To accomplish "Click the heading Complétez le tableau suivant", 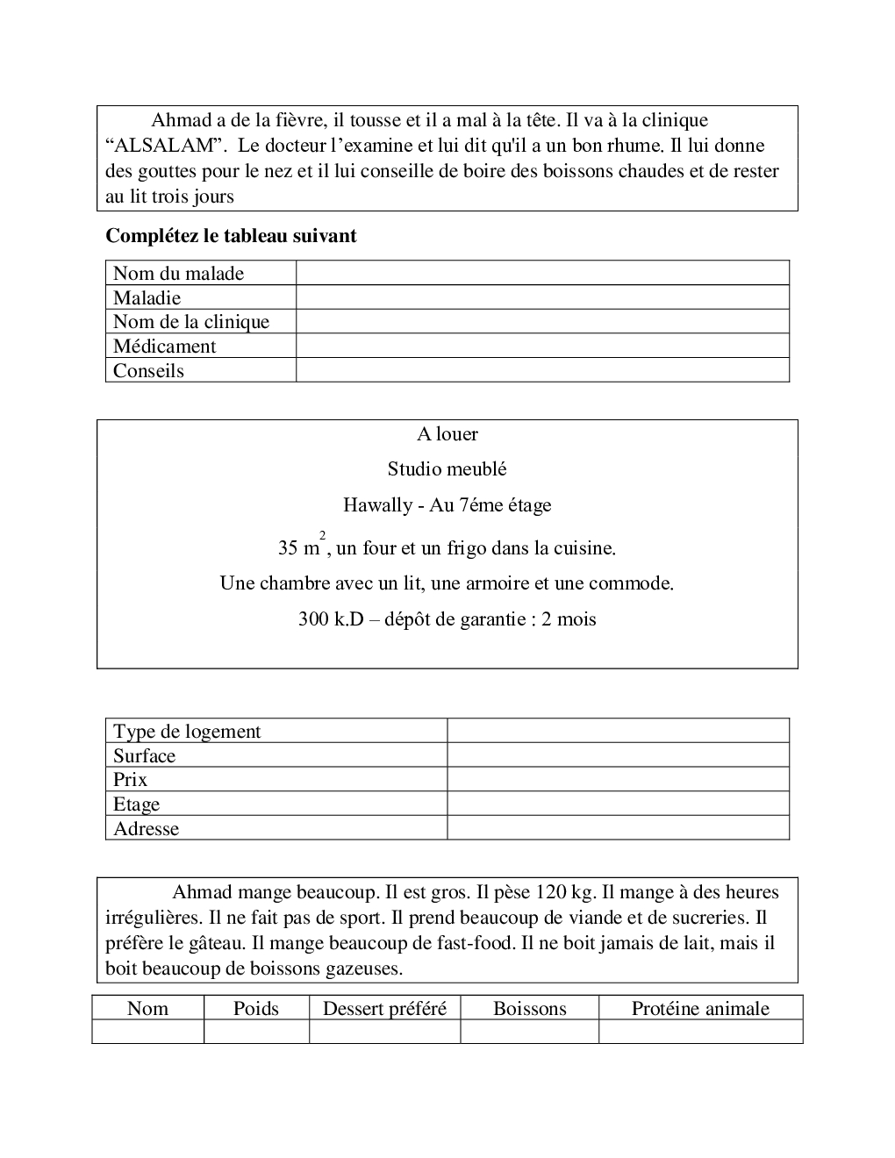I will click(x=231, y=236).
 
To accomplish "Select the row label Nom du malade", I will click(x=178, y=274).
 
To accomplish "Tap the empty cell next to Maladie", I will click(x=542, y=297).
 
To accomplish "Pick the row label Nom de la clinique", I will click(x=190, y=322).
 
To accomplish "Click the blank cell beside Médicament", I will click(x=542, y=346).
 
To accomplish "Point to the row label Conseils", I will click(x=148, y=370).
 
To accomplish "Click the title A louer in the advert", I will click(x=447, y=434).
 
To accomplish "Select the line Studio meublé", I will click(x=447, y=469).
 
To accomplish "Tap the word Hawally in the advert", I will click(x=377, y=505).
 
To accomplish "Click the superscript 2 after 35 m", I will click(x=322, y=535).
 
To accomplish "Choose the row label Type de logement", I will click(x=187, y=732).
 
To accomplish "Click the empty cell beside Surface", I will click(x=618, y=755).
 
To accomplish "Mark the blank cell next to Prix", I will click(x=618, y=780).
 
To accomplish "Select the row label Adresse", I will click(x=146, y=829).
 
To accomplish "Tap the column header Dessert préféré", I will click(x=384, y=1009).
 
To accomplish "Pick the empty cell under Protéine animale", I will click(x=700, y=1032).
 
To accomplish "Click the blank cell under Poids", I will click(x=256, y=1032).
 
